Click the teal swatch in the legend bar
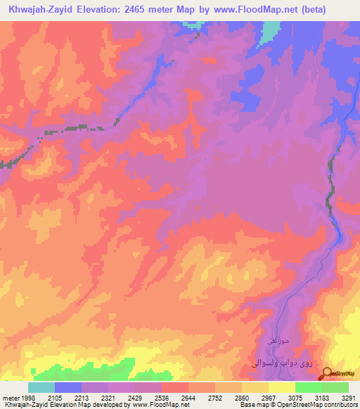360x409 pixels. pos(41,387)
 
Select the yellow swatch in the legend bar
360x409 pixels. pos(281,387)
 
